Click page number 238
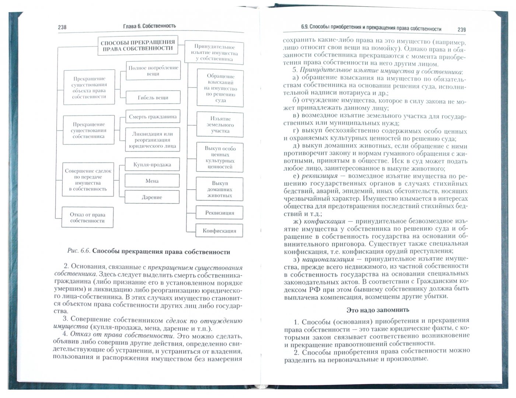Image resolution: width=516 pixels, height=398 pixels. click(62, 27)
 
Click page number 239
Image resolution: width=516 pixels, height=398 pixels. click(461, 29)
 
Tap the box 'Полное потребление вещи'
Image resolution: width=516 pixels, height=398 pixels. click(153, 71)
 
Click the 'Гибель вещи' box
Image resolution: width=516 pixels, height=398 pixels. click(153, 98)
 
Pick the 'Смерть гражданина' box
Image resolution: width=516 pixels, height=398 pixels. click(153, 117)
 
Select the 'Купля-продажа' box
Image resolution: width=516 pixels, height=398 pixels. click(152, 165)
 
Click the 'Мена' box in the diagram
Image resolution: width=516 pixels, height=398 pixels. click(152, 181)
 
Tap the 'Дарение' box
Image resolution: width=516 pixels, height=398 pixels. click(152, 197)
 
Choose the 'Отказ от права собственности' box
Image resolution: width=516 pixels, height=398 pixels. click(87, 218)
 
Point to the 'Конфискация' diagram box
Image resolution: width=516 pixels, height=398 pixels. click(219, 231)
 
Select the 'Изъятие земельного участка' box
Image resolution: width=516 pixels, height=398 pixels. click(220, 125)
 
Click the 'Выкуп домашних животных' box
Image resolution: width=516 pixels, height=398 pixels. click(220, 189)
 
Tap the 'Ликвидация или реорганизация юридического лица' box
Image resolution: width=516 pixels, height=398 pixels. click(153, 140)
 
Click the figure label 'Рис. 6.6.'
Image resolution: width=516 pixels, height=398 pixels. click(79, 252)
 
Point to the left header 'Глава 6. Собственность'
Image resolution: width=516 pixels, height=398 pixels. click(149, 26)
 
